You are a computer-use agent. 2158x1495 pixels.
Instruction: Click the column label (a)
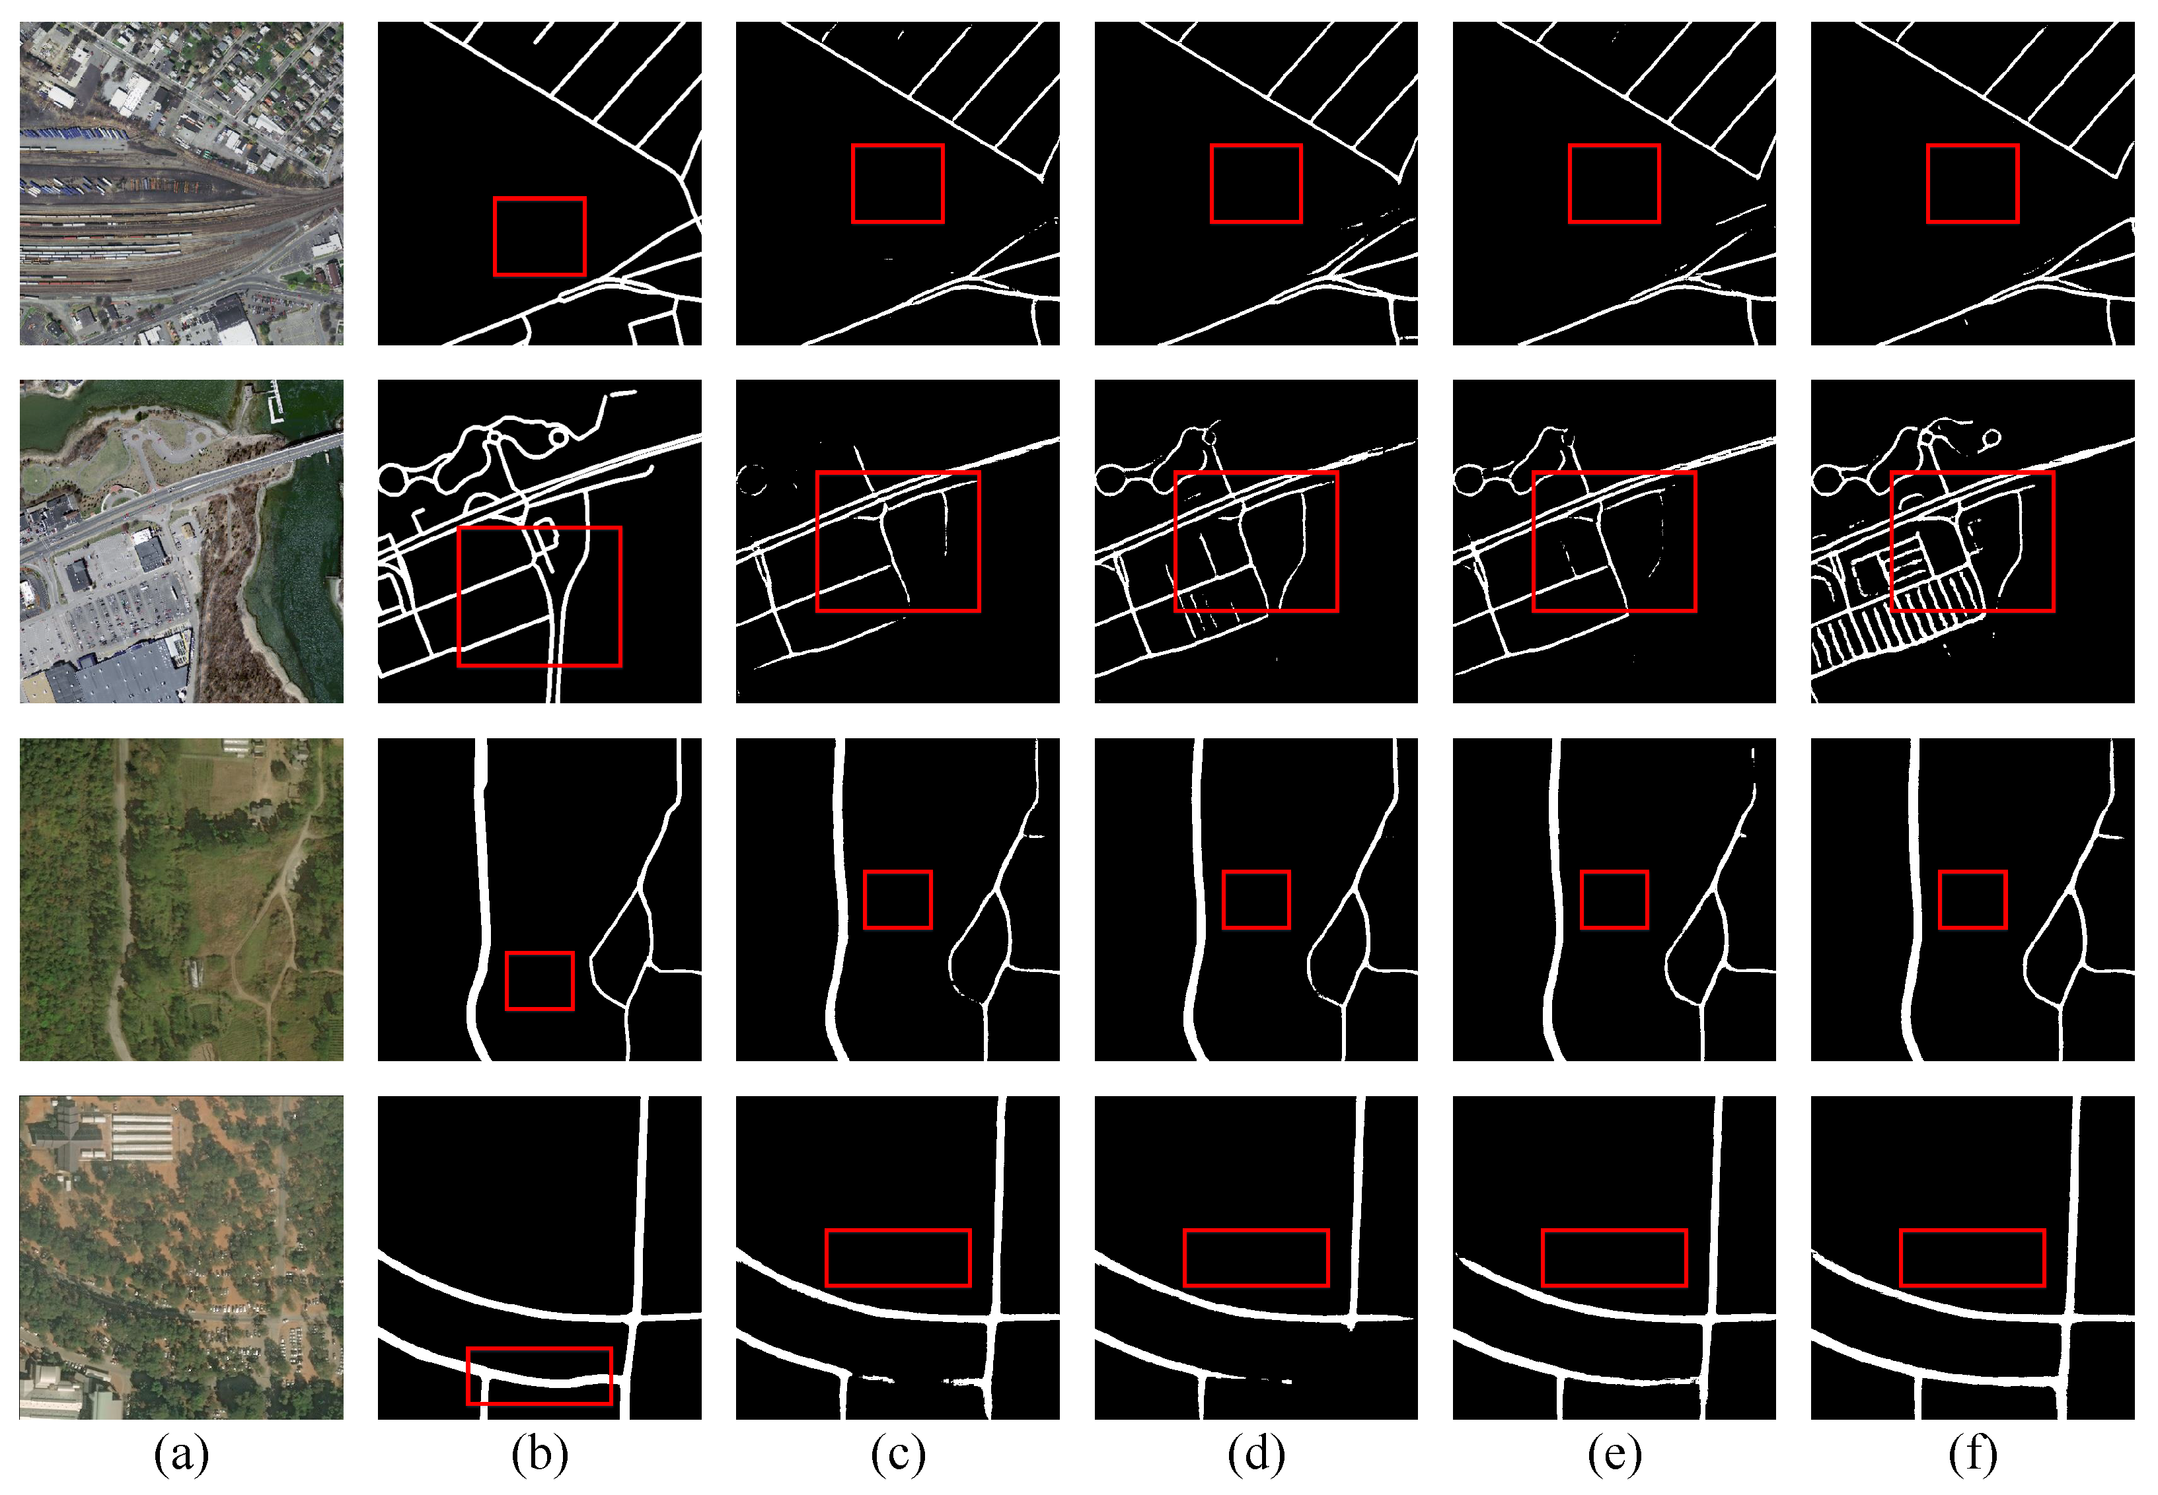(x=181, y=1454)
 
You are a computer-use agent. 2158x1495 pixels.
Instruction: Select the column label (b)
(x=540, y=1454)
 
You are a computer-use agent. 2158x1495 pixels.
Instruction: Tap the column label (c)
(x=898, y=1454)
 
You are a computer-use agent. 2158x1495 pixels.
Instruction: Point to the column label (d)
(x=1257, y=1454)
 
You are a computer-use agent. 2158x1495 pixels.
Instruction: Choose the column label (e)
(x=1614, y=1454)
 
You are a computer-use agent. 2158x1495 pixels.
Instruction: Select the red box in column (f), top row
(x=1972, y=184)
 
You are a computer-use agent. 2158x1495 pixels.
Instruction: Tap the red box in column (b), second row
(x=540, y=597)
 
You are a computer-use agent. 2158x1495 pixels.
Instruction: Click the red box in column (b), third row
(x=540, y=981)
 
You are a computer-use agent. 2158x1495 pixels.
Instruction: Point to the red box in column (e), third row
(x=1614, y=899)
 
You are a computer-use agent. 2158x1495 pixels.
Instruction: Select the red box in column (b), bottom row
(x=540, y=1376)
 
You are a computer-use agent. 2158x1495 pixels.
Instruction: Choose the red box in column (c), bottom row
(x=898, y=1258)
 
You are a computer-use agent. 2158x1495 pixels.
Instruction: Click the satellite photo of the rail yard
(x=181, y=184)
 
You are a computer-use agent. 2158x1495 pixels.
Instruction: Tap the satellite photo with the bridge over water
(x=181, y=541)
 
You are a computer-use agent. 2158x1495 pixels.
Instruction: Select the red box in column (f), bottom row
(x=1972, y=1258)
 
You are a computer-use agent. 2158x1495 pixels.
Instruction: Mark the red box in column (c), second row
(x=898, y=541)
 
